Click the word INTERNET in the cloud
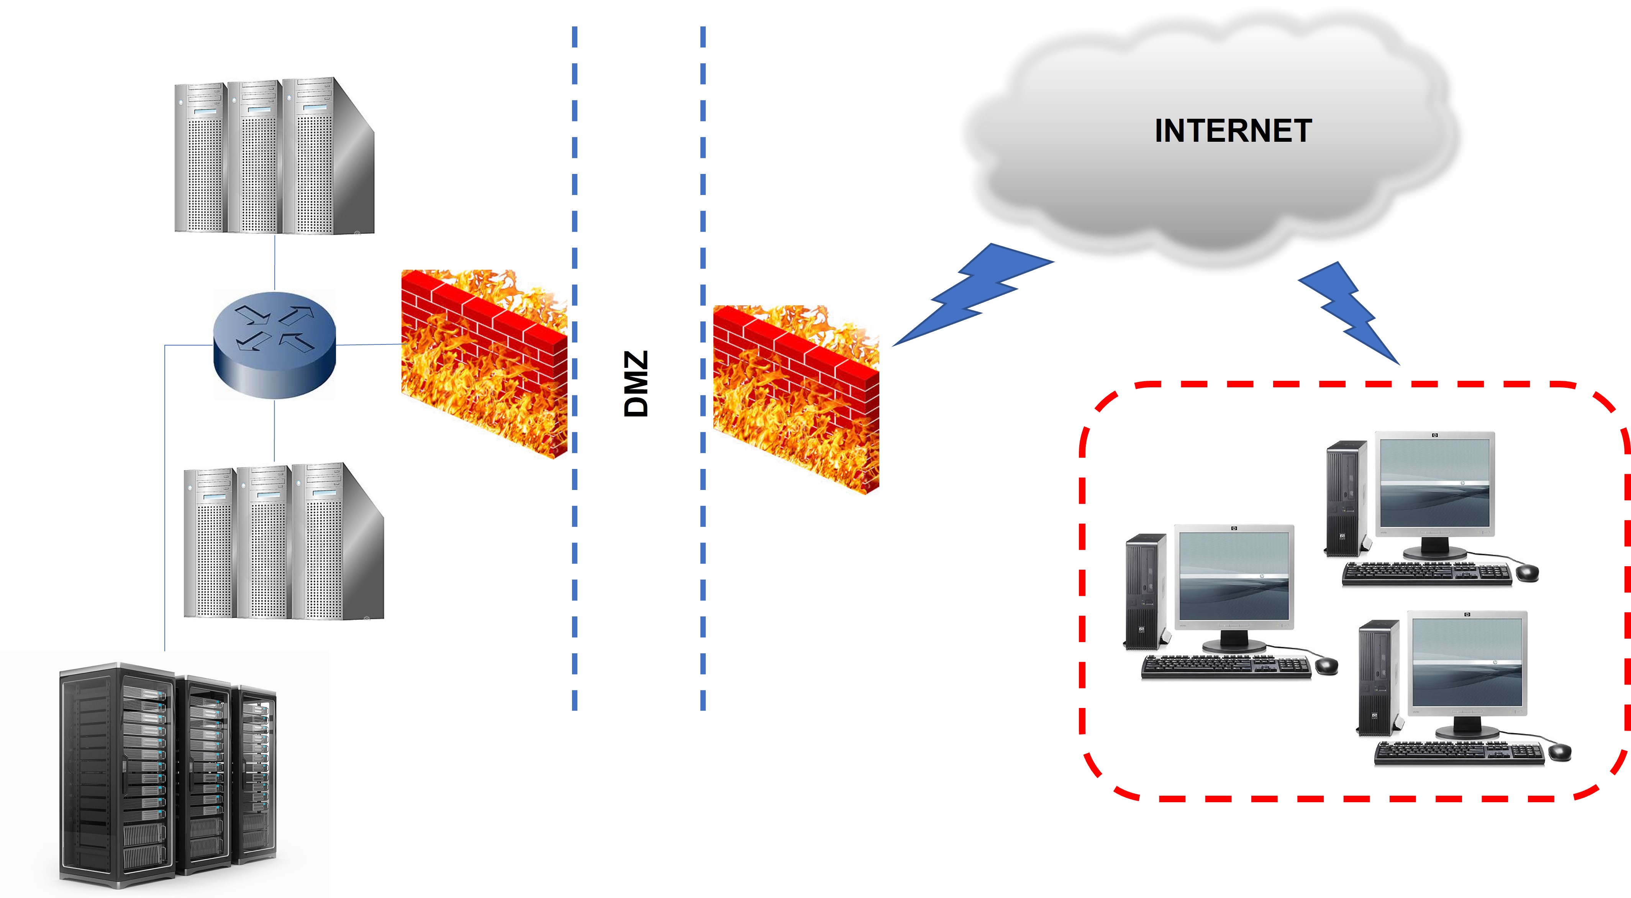pyautogui.click(x=1232, y=131)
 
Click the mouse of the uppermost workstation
pyautogui.click(x=1527, y=572)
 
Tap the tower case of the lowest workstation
pyautogui.click(x=1378, y=678)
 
